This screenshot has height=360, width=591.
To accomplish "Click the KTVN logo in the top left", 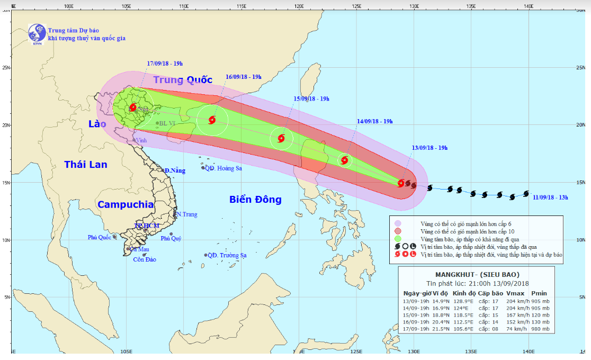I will tap(37, 33).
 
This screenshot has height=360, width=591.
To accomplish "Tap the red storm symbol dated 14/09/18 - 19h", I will tap(345, 160).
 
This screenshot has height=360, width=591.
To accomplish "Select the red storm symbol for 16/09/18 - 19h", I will tap(212, 120).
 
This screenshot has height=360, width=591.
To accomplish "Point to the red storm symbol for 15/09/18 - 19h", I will tap(281, 139).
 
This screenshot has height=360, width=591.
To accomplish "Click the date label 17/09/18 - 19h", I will tap(165, 64).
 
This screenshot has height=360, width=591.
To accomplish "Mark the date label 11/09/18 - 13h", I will tap(551, 198).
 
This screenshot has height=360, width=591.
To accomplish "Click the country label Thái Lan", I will tap(86, 165).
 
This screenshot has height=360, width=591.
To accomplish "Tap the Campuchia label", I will tap(126, 204).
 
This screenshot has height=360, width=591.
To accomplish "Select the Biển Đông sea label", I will tap(255, 200).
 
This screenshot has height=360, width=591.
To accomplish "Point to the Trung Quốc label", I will tap(183, 80).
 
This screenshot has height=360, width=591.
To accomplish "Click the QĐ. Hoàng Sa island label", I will tap(223, 168).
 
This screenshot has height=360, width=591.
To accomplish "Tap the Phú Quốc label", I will tap(99, 237).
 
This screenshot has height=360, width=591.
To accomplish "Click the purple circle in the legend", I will tap(398, 223).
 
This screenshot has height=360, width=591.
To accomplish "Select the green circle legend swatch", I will tap(398, 239).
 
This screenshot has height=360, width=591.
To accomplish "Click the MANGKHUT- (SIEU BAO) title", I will tap(477, 274).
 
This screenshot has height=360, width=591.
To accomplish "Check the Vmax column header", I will tap(515, 293).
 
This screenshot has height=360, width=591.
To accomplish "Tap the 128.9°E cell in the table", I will tap(463, 301).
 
